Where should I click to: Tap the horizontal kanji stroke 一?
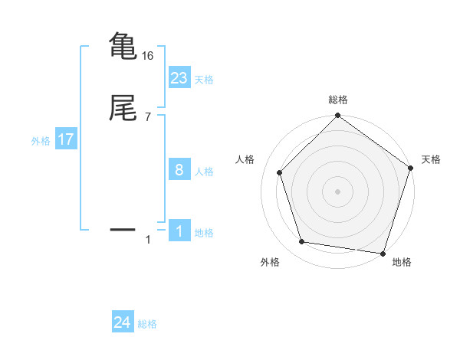pos(123,228)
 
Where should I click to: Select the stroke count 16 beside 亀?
pos(148,56)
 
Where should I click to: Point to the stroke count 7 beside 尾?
pos(147,117)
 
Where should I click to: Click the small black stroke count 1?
pos(148,241)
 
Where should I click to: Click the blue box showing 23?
pos(179,77)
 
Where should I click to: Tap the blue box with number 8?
pos(179,170)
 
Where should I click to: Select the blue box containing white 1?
pos(179,231)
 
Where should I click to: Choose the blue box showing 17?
pos(66,139)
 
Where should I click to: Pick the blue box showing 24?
pos(123,322)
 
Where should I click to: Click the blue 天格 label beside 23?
pos(204,80)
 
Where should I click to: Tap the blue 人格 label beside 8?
pos(204,172)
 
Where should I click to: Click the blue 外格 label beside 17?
pos(41,141)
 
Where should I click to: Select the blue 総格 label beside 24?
pos(147,325)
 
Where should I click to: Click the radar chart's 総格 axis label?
pos(337,100)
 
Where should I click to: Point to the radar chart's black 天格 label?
pos(431,159)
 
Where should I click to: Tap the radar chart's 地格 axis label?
pos(402,262)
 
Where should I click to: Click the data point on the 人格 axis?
pos(280,172)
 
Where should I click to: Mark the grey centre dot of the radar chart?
pos(337,191)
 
